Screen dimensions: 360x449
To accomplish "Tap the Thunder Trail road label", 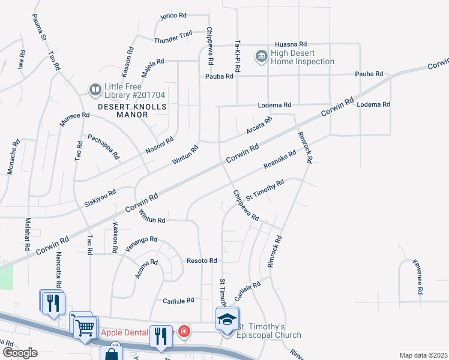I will pos(173,37).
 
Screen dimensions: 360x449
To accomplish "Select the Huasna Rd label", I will pos(291,44).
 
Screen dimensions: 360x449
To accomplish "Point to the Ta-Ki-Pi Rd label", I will pos(238,56).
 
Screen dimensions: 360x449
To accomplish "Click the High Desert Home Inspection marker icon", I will pos(262,56).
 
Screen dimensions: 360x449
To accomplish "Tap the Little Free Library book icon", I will pos(95,90).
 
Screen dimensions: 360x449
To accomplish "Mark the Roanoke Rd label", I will pos(280,159).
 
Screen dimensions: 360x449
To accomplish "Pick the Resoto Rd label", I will pos(201,261).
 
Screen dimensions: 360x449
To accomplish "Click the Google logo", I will pos(19,353).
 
